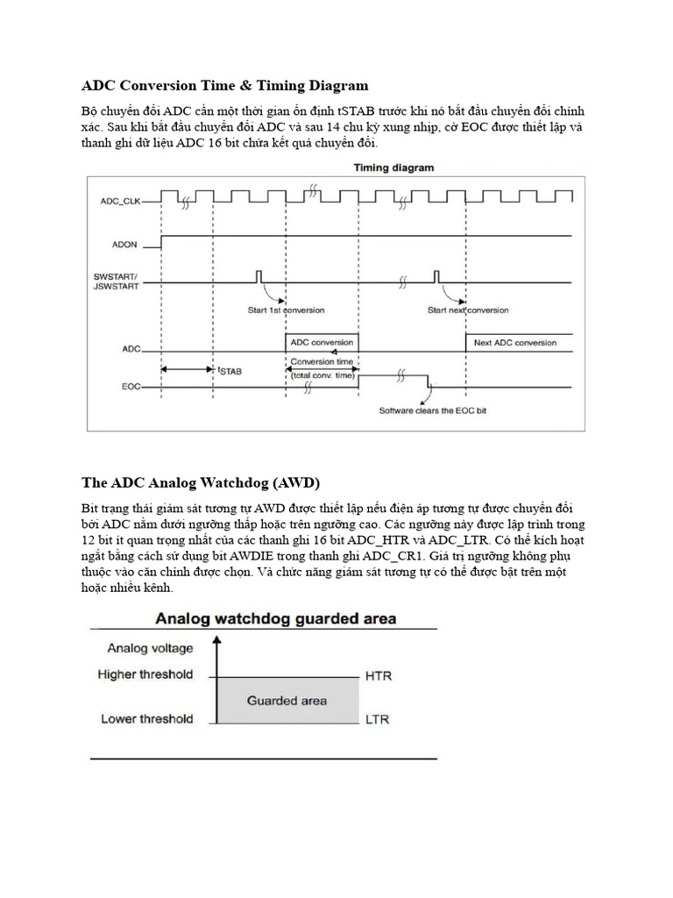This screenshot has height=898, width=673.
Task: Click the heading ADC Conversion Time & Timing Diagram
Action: [224, 85]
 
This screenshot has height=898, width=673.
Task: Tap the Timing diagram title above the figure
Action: [393, 167]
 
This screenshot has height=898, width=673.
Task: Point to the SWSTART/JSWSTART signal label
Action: [116, 282]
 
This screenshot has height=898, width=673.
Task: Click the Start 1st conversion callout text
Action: [286, 310]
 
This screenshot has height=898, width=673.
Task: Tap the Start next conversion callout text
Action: [467, 310]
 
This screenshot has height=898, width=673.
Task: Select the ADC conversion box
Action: [322, 342]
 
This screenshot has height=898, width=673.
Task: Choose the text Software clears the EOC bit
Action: [432, 410]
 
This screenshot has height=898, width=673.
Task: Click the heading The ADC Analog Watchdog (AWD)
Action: [201, 482]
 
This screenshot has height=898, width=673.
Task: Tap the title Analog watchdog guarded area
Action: [275, 618]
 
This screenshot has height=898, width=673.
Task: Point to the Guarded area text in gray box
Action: [287, 700]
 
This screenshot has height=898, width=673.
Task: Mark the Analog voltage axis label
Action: [150, 649]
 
